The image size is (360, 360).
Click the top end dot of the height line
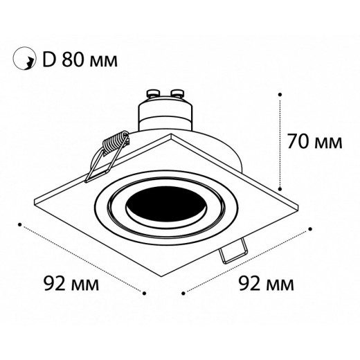(280, 93)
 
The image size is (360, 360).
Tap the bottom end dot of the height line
(280, 187)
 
